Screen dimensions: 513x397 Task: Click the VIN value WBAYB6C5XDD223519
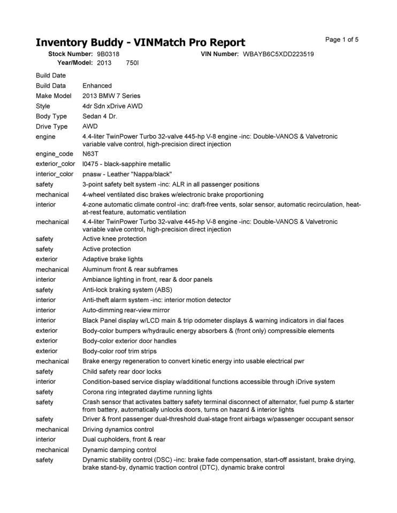click(278, 54)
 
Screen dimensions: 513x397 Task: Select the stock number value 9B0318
click(109, 54)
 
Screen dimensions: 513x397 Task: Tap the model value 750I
click(132, 63)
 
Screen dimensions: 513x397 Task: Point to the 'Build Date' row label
click(51, 75)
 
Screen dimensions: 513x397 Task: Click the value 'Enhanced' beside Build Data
click(97, 85)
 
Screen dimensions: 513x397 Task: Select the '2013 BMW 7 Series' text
click(111, 96)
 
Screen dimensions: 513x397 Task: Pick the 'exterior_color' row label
click(56, 164)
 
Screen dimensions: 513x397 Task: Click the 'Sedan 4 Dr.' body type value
click(101, 116)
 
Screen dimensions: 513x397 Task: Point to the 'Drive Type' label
click(52, 127)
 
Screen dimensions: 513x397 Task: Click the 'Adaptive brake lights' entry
click(112, 259)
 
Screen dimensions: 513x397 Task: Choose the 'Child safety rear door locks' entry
click(121, 371)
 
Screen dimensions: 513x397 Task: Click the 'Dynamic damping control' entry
click(119, 449)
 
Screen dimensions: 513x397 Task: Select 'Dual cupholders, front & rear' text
click(124, 439)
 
